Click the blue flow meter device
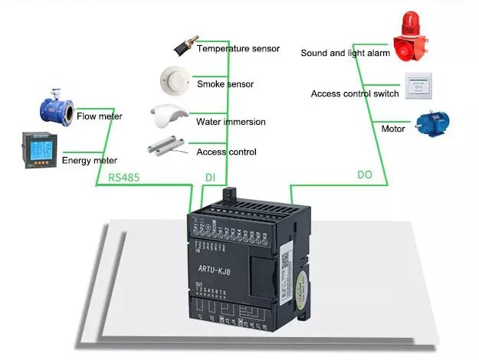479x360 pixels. pyautogui.click(x=54, y=108)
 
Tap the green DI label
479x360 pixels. pyautogui.click(x=210, y=177)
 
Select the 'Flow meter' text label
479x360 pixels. pyautogui.click(x=99, y=117)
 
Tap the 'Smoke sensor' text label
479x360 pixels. pyautogui.click(x=225, y=84)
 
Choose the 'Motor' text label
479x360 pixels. pyautogui.click(x=392, y=129)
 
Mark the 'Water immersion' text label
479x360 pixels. pyautogui.click(x=230, y=122)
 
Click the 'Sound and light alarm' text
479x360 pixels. pyautogui.click(x=345, y=54)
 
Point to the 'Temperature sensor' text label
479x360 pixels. pyautogui.click(x=238, y=49)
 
